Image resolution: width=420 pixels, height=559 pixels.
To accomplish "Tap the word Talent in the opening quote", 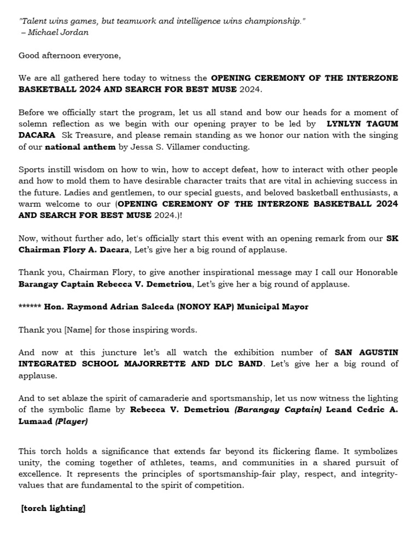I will tap(34, 21).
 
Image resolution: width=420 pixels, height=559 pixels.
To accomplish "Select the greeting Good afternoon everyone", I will tap(69, 55).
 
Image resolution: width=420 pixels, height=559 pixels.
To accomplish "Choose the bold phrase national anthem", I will tap(80, 147).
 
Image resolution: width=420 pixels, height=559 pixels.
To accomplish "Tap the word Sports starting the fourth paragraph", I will tap(32, 170).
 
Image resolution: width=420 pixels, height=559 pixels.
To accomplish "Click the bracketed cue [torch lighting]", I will tap(53, 508).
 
